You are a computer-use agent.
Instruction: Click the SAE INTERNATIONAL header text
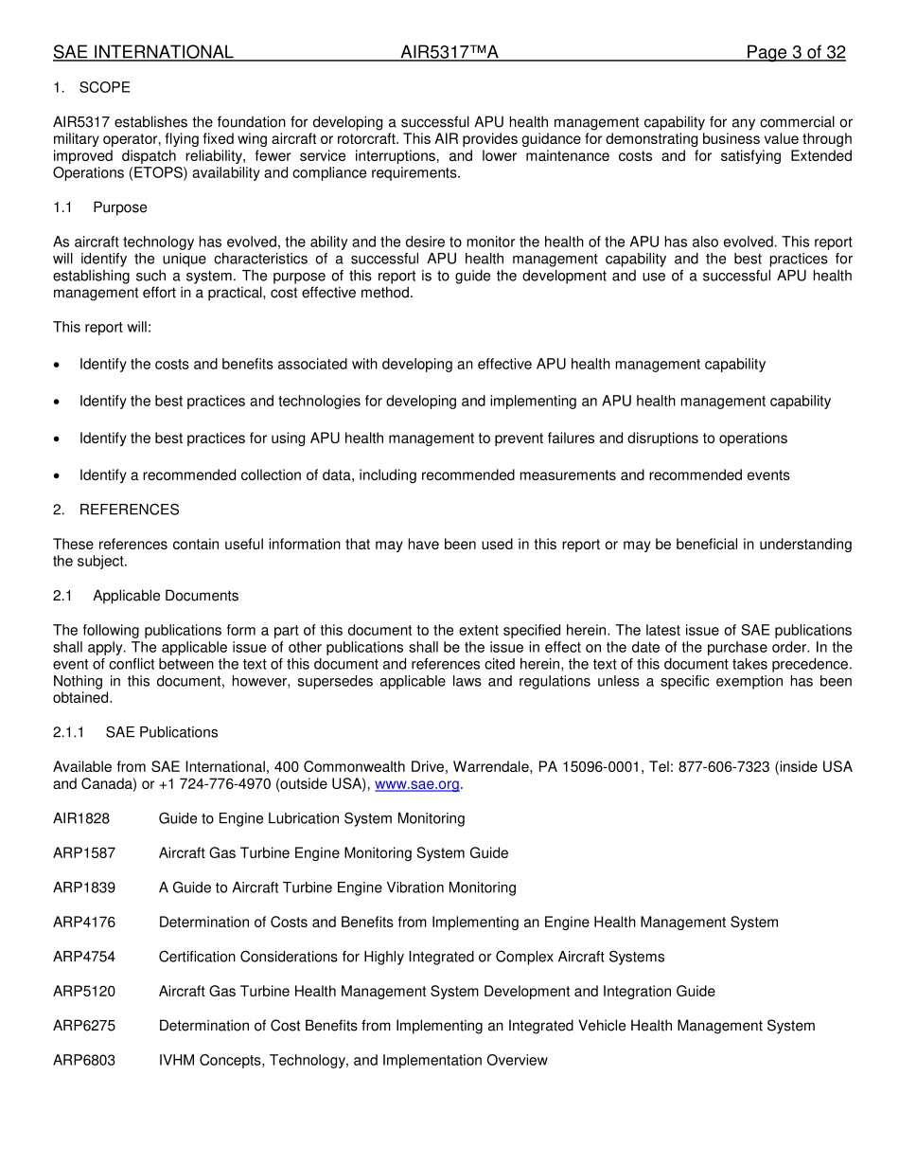pos(143,53)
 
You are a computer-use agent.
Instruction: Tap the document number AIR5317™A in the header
pos(449,53)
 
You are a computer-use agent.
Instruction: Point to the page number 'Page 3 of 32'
pos(795,53)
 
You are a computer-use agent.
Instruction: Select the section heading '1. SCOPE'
pos(92,88)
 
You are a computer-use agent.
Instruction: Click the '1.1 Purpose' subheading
pos(100,207)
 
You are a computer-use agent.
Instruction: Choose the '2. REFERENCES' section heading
pos(115,510)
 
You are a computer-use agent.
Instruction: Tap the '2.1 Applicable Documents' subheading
pos(146,596)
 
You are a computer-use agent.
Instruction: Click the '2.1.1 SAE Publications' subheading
pos(135,732)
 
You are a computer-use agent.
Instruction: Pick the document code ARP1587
pos(84,853)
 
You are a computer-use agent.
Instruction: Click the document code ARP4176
pos(84,923)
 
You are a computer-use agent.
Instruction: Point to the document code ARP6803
pos(84,1061)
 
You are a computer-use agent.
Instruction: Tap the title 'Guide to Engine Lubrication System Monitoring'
pos(311,818)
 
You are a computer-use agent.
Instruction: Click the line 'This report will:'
pos(102,328)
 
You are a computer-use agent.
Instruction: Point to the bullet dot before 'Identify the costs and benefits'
pos(58,365)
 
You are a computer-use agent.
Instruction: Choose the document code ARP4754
pos(84,957)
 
